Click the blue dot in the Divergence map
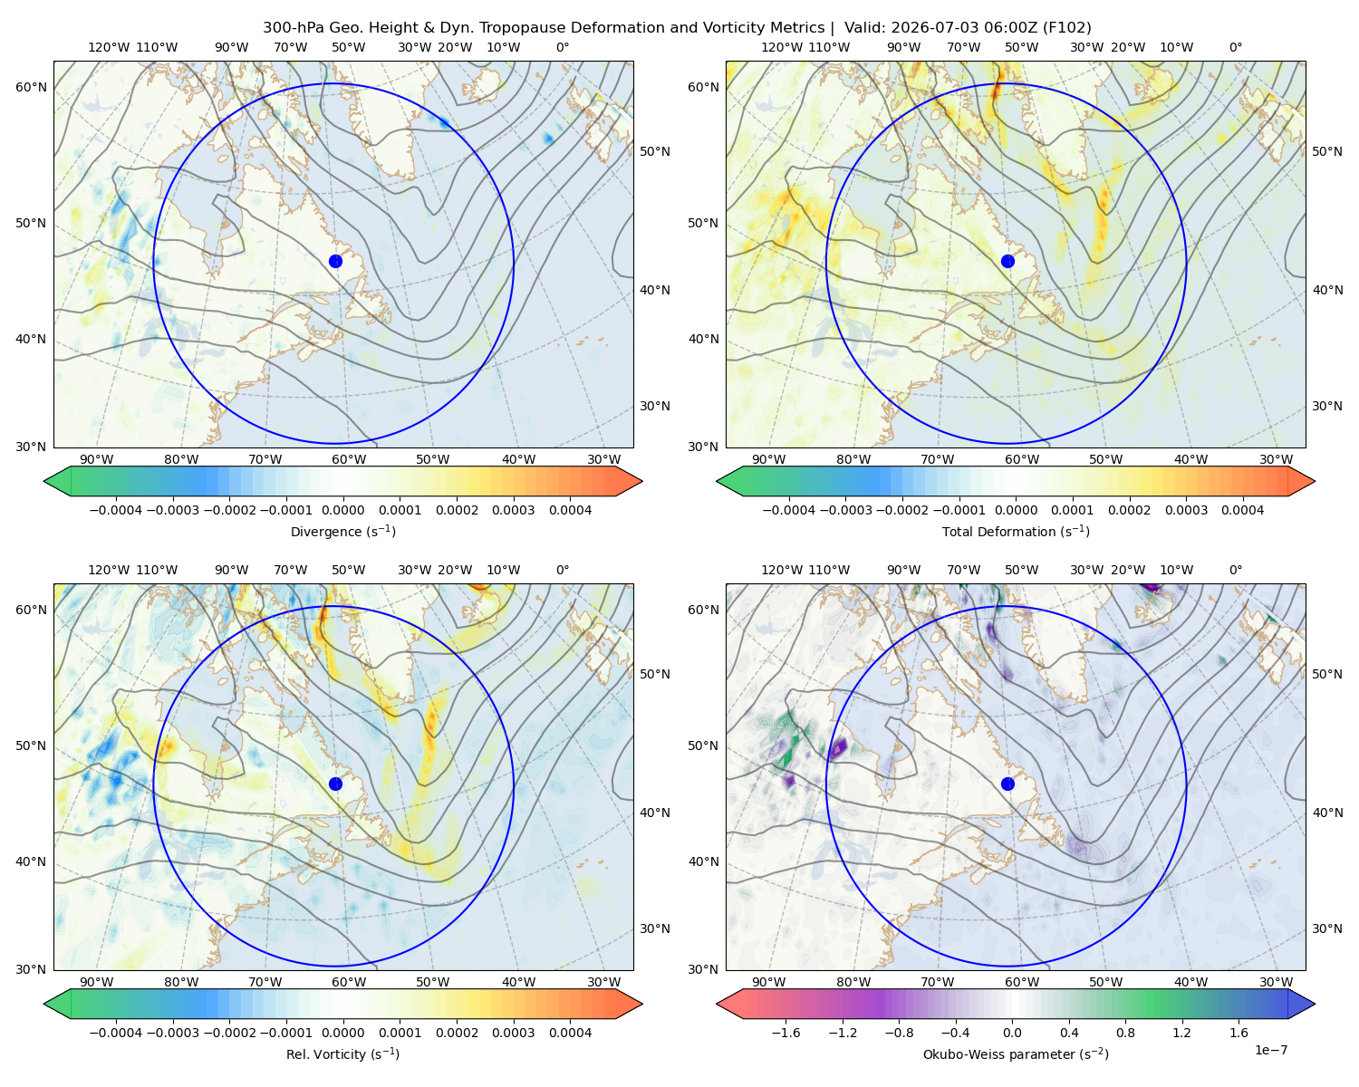pyautogui.click(x=335, y=261)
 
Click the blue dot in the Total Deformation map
pyautogui.click(x=1007, y=261)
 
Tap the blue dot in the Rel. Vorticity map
pyautogui.click(x=335, y=784)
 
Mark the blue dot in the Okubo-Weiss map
pyautogui.click(x=1007, y=784)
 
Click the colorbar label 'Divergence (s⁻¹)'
pyautogui.click(x=342, y=531)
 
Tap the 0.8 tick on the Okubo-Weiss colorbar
pyautogui.click(x=1125, y=1033)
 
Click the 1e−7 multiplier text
pyautogui.click(x=1270, y=1050)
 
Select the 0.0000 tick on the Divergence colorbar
pyautogui.click(x=342, y=510)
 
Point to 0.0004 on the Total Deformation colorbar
pyautogui.click(x=1243, y=510)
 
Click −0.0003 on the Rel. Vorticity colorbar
pyautogui.click(x=172, y=1033)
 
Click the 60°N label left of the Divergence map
pyautogui.click(x=31, y=87)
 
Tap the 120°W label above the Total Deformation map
pyautogui.click(x=781, y=47)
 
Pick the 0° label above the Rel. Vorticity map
pyautogui.click(x=563, y=570)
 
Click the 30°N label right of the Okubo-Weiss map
pyautogui.click(x=1327, y=928)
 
